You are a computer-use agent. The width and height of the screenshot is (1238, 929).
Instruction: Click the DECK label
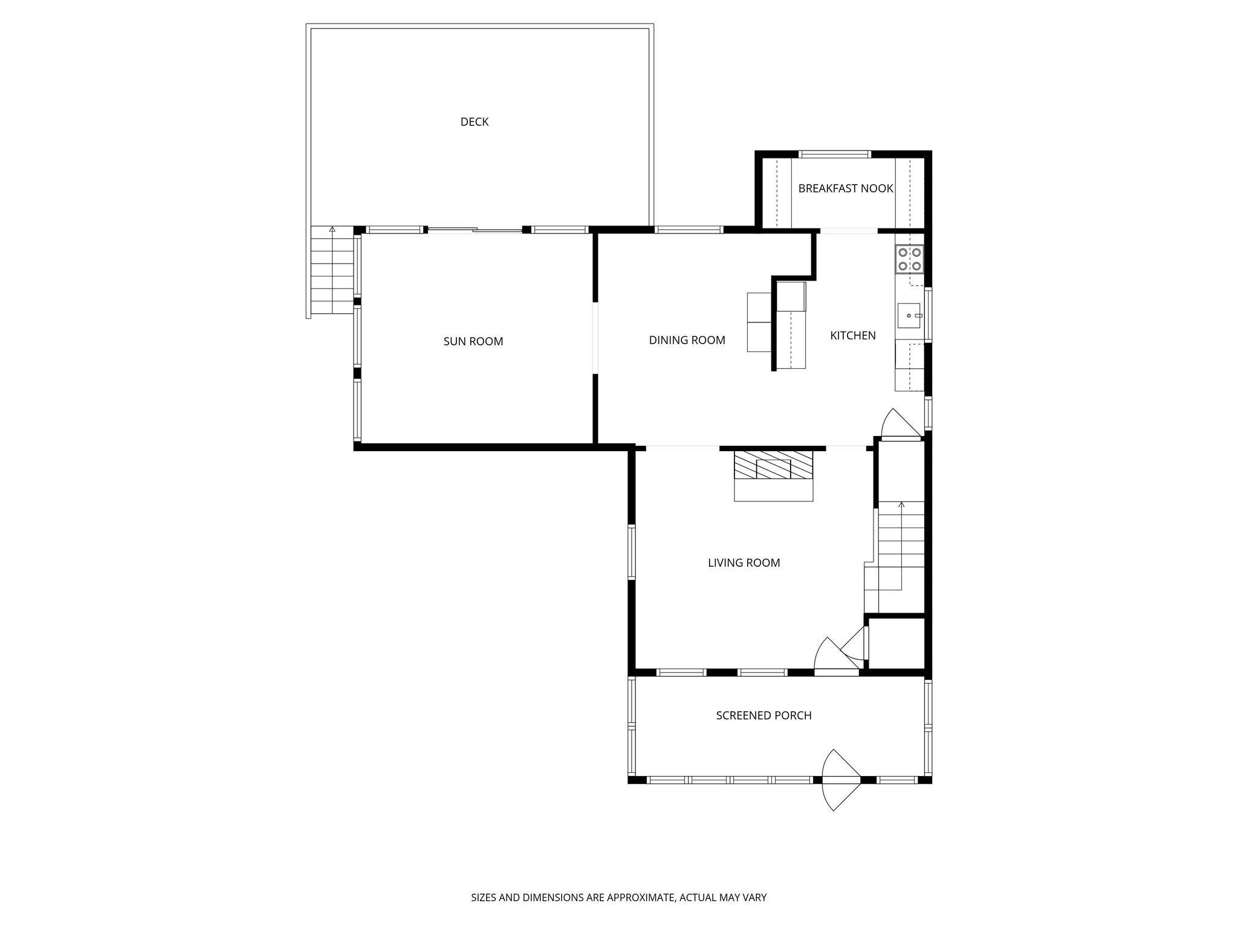(x=474, y=122)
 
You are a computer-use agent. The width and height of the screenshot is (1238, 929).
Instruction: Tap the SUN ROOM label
(x=473, y=341)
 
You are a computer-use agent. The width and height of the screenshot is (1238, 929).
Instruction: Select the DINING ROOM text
(x=687, y=340)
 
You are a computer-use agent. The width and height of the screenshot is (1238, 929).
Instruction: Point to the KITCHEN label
(x=852, y=335)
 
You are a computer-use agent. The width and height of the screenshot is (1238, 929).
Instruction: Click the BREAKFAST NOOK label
(x=845, y=188)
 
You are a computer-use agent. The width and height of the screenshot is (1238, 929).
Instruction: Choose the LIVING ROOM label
(x=744, y=562)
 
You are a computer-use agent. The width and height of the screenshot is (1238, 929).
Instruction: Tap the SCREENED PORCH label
(x=763, y=715)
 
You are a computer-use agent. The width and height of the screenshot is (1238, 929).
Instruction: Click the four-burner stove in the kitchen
(x=909, y=259)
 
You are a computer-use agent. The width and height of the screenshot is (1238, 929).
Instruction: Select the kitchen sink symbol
(x=909, y=316)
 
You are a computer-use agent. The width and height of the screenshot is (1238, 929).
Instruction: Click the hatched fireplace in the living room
(x=773, y=464)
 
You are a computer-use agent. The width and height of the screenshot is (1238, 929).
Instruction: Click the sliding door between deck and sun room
(x=475, y=229)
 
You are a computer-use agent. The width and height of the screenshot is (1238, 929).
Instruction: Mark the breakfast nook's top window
(x=835, y=154)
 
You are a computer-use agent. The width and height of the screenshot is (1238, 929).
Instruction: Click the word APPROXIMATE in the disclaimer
(x=640, y=898)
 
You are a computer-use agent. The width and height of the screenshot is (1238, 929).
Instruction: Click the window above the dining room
(x=689, y=229)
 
